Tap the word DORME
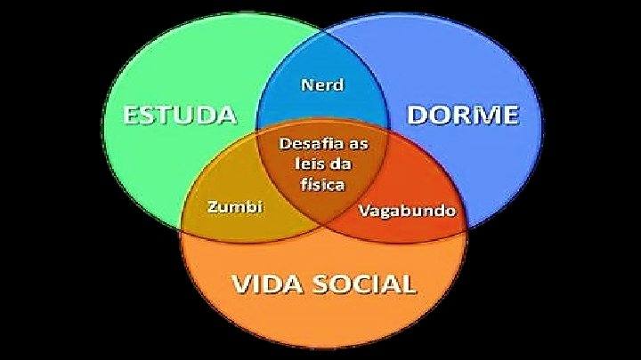[463, 115]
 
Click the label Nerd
[322, 85]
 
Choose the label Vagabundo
[407, 212]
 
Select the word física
[322, 184]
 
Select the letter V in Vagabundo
[362, 212]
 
